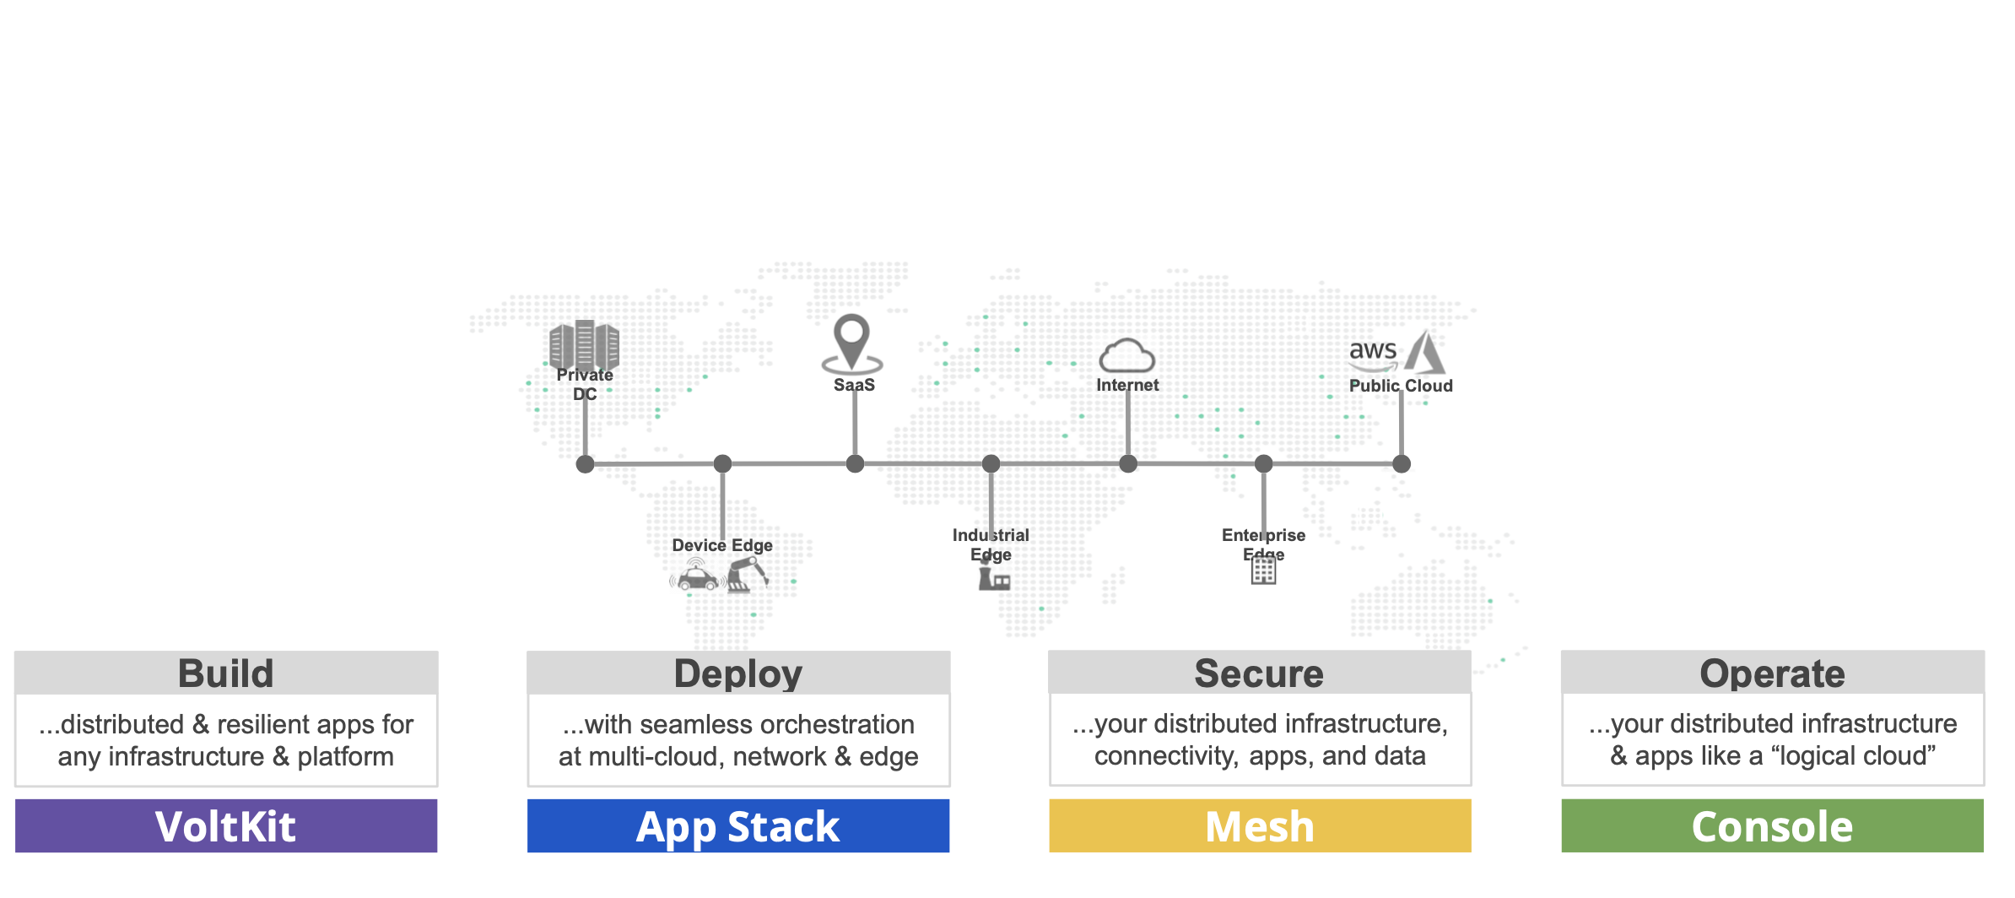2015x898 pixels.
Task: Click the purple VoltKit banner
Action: [x=226, y=825]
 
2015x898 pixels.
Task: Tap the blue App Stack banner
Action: [x=738, y=825]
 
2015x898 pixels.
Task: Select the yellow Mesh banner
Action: [x=1260, y=825]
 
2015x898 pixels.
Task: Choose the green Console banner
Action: [x=1772, y=825]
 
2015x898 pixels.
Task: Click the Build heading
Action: [x=226, y=673]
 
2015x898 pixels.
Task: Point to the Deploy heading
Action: [x=738, y=673]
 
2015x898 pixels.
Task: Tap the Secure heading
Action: [x=1259, y=673]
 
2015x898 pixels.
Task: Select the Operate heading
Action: [x=1772, y=673]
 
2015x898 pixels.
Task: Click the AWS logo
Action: [x=1373, y=353]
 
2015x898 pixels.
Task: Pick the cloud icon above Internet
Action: [x=1126, y=355]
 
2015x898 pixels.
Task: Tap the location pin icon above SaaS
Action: [x=852, y=343]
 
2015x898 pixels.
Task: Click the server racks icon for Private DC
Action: [x=584, y=344]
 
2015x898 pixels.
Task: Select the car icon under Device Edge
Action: [x=697, y=577]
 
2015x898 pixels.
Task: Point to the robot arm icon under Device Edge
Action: [x=747, y=574]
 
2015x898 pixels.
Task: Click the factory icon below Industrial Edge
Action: [x=994, y=579]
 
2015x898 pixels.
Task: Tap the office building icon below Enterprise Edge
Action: [x=1263, y=571]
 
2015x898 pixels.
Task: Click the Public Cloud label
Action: [x=1401, y=386]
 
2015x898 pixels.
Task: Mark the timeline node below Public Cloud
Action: [x=1402, y=463]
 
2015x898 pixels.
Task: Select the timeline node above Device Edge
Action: [x=722, y=463]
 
